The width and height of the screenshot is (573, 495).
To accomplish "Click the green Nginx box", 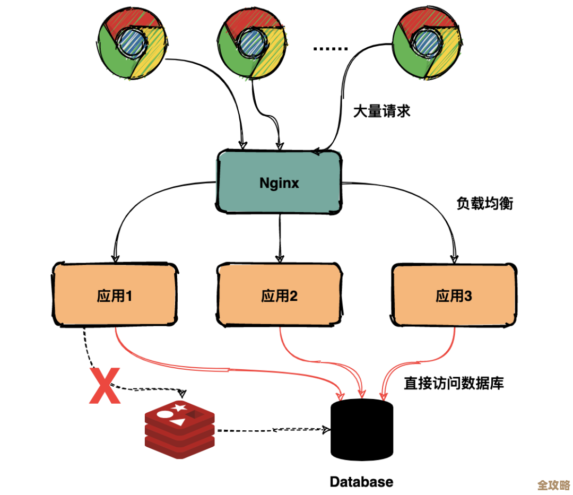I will pos(279,182).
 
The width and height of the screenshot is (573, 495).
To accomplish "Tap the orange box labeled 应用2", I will pos(279,295).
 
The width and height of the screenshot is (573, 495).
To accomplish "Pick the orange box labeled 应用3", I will pos(454,295).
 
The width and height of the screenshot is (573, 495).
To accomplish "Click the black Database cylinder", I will pos(362,430).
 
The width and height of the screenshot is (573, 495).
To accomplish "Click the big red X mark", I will pos(104,386).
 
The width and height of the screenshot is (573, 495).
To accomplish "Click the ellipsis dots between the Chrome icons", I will pos(330,49).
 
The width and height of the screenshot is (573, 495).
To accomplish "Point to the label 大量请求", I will pos(382,111).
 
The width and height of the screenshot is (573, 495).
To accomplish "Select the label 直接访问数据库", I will pos(454,383).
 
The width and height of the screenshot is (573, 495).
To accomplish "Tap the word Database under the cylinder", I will pos(361,482).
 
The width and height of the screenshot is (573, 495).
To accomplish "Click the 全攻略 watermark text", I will pos(553,485).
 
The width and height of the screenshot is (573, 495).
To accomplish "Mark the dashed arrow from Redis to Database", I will pos(271,429).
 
